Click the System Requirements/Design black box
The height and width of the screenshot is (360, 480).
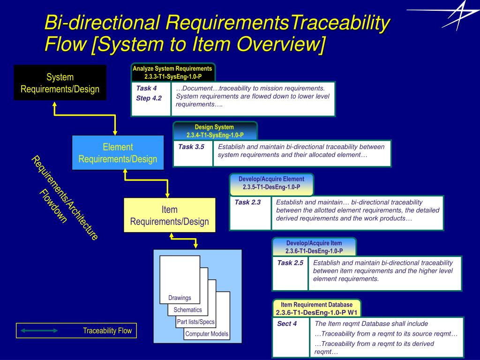60,82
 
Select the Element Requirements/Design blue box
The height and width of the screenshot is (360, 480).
118,153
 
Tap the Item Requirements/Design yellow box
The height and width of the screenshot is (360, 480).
169,215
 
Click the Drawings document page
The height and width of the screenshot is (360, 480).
180,279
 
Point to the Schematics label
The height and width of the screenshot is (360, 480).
187,310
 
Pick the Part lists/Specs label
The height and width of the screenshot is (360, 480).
195,322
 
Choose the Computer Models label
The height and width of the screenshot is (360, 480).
207,334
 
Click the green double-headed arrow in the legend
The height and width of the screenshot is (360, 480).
39,331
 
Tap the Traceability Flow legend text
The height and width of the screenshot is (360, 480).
107,331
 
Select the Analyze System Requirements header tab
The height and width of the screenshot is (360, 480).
172,72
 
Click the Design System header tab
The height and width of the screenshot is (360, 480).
215,131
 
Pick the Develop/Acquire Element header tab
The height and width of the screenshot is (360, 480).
271,183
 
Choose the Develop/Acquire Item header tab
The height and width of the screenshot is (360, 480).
314,247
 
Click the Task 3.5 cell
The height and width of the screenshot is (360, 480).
192,153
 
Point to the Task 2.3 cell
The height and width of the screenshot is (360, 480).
250,213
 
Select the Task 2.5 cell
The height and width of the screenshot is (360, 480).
290,273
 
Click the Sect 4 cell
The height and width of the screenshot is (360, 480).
291,337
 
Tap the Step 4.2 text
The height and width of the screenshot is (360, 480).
149,98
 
